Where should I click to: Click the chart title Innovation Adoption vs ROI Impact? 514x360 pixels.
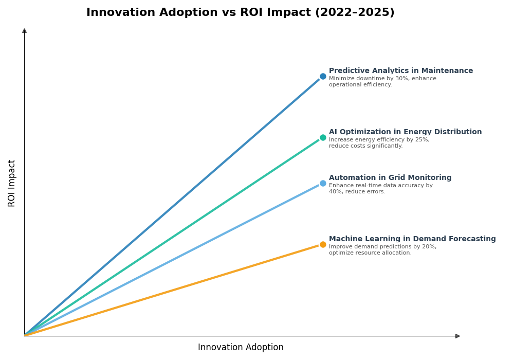(240, 12)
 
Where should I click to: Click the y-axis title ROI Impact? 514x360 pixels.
(12, 183)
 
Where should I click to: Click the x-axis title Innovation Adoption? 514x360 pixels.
(241, 348)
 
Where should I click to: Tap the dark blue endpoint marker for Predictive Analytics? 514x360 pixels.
(323, 77)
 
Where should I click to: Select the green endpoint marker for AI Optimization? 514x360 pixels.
(323, 138)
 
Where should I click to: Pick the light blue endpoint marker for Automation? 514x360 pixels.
(323, 184)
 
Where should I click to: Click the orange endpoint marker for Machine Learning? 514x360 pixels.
(323, 245)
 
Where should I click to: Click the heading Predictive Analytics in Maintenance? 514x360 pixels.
(400, 71)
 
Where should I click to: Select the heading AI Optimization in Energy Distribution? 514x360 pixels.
(405, 132)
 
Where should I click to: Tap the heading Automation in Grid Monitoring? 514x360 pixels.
(390, 178)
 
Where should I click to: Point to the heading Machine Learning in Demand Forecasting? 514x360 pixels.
(412, 239)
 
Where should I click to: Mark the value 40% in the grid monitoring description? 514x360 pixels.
(335, 192)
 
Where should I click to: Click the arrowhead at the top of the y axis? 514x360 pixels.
(24, 31)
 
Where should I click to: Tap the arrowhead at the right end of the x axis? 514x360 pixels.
(457, 336)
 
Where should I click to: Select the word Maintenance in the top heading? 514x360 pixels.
(448, 71)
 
